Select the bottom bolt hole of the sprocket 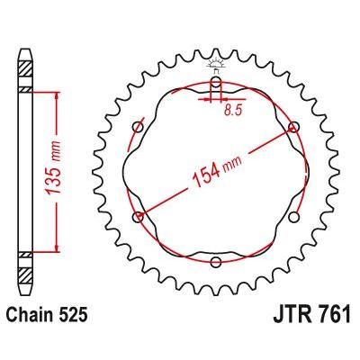point(216,262)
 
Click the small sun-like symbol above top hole point(216,64)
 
